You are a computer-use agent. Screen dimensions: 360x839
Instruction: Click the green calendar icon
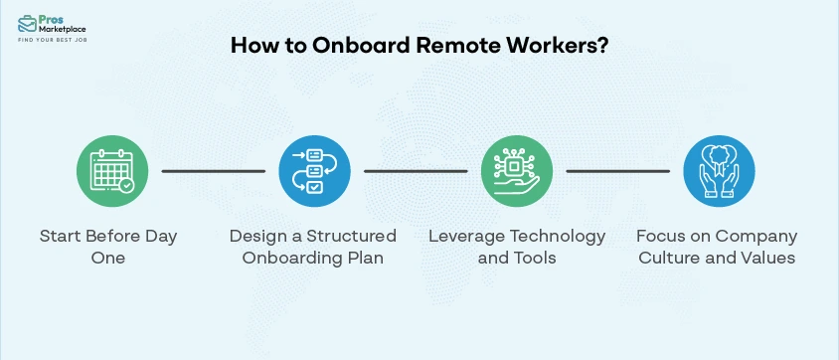coord(112,171)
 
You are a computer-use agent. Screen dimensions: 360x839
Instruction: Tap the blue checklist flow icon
coord(314,171)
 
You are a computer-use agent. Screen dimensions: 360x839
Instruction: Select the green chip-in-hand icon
coord(517,171)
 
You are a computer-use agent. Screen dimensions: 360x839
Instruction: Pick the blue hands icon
coord(719,171)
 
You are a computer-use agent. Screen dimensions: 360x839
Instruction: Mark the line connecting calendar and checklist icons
coord(213,171)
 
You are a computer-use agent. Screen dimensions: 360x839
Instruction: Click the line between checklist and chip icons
coord(416,171)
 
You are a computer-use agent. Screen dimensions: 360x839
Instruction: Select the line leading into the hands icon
coord(617,171)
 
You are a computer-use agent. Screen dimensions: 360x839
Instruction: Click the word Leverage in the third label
coord(463,236)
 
